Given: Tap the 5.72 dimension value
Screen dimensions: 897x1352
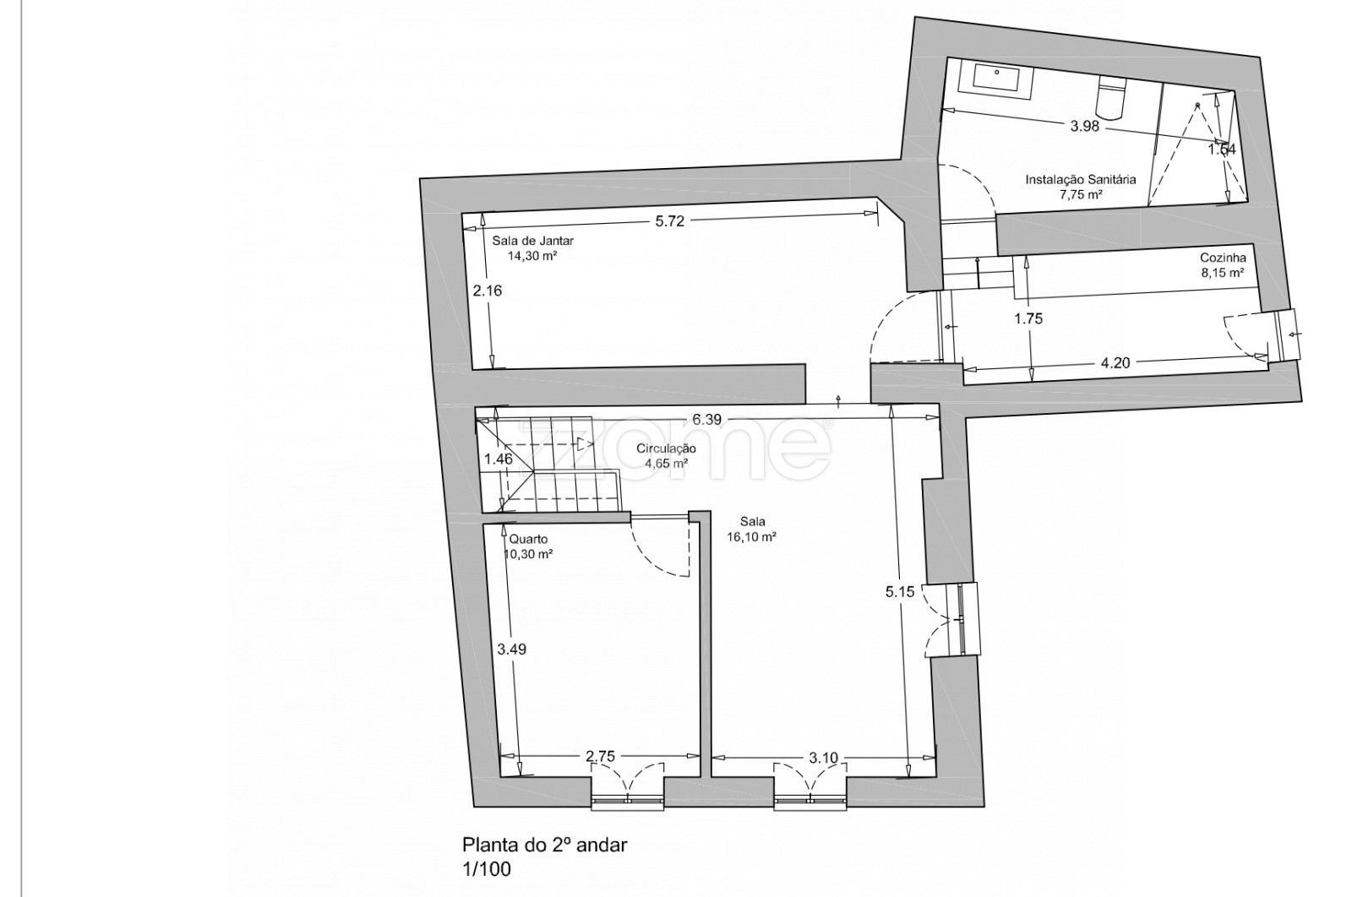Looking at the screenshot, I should coord(669,222).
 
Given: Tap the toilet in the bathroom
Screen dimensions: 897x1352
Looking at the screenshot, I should coord(1110,96).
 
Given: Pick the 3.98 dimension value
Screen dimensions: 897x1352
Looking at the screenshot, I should coord(1084,127).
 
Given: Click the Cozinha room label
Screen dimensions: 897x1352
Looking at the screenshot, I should coord(1223,258).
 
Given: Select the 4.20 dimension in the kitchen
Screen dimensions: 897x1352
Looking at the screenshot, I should coord(1115,363).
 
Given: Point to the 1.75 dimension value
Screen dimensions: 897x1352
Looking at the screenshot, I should coord(1029,319).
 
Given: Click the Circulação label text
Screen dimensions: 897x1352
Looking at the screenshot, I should coord(667,449).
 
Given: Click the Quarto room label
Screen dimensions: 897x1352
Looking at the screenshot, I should coord(529,539).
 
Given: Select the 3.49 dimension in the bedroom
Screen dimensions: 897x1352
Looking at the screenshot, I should coord(512,650).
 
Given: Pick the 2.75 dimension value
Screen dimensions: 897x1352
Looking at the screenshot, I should coord(600,757).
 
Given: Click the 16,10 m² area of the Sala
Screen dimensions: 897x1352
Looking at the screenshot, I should coord(751,536).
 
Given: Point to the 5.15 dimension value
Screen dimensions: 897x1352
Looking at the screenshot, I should coord(900,592).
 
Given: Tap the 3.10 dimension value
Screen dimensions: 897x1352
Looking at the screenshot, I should coord(823,758).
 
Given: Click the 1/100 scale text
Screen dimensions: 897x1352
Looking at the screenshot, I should coord(486,869).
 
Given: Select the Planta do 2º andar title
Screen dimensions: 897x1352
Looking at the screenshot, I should coord(544,845).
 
